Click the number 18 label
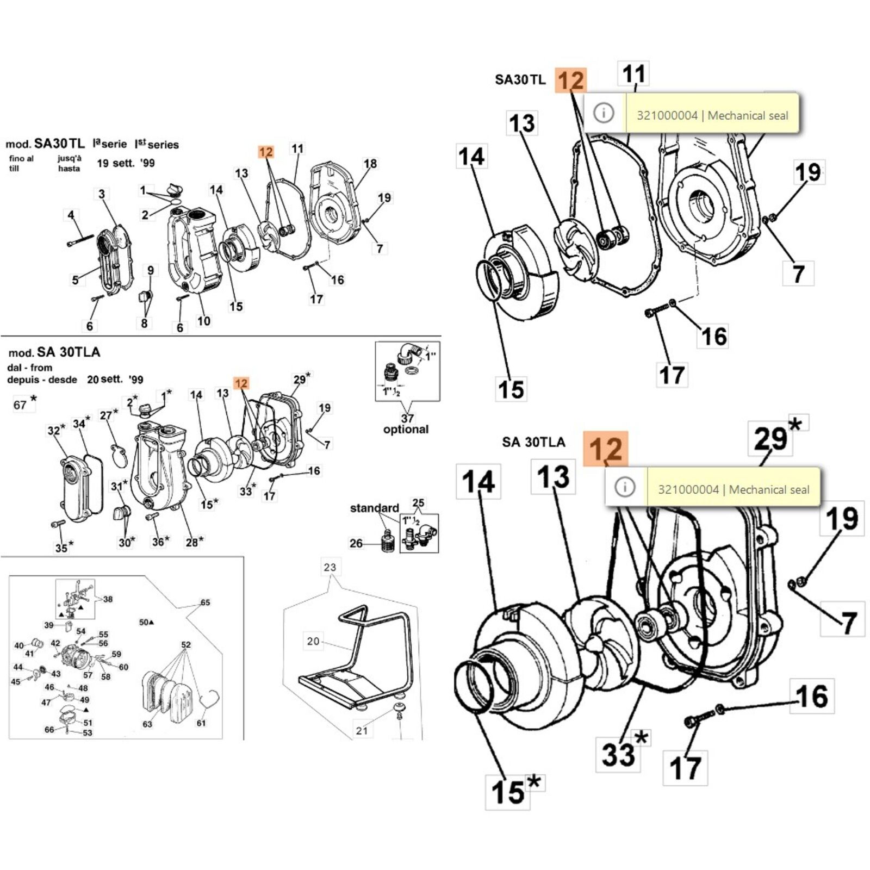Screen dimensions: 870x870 (370, 164)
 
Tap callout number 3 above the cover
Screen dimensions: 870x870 (102, 194)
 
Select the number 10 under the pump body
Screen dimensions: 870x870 (203, 321)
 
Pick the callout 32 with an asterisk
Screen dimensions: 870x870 (55, 430)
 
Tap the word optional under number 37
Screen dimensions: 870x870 (406, 430)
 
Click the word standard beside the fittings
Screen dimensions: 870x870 (374, 508)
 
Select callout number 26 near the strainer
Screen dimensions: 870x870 (356, 543)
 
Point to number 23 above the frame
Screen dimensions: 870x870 (330, 567)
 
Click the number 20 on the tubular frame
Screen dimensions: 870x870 (313, 641)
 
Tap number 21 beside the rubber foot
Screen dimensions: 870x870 (362, 731)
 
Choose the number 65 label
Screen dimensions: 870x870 (205, 602)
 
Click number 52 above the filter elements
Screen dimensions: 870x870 (186, 645)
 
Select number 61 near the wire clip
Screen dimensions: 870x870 (201, 723)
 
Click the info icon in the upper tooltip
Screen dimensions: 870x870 (604, 113)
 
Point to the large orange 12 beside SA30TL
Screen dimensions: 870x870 (571, 80)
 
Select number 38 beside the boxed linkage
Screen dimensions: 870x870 (108, 599)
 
